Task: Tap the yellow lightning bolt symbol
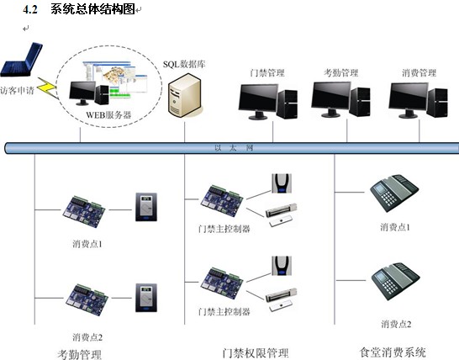[x=47, y=87]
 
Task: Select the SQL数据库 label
[x=184, y=64]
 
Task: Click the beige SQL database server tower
[x=185, y=96]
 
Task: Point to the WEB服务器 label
[x=108, y=115]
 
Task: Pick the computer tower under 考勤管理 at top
[x=360, y=101]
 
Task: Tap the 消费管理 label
[x=419, y=72]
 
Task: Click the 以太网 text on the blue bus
[x=234, y=148]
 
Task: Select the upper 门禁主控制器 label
[x=224, y=229]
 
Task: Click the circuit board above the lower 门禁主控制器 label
[x=222, y=283]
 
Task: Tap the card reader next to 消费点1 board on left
[x=146, y=207]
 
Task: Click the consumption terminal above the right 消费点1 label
[x=394, y=193]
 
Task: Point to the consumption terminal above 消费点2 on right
[x=395, y=281]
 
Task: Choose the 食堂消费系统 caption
[x=393, y=352]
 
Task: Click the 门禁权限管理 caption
[x=256, y=353]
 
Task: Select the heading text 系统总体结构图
[x=92, y=8]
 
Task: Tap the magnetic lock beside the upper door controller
[x=282, y=215]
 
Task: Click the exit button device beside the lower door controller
[x=282, y=266]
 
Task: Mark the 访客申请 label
[x=18, y=91]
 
